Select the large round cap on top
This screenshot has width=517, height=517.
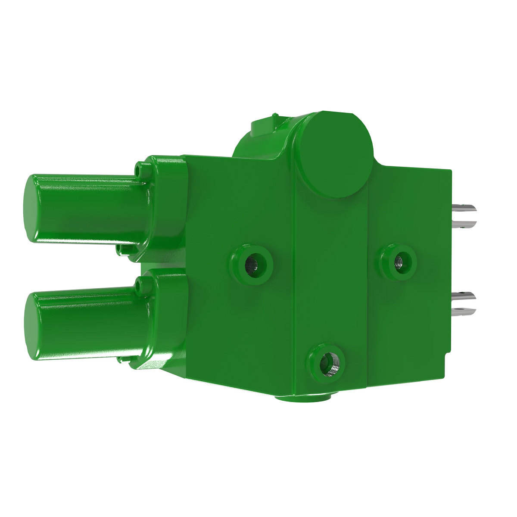click(x=336, y=154)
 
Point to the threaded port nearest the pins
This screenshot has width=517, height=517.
click(x=399, y=260)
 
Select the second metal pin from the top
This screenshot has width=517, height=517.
click(x=466, y=224)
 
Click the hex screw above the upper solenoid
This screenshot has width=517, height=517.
click(x=140, y=169)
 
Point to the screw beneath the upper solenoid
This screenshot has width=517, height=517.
click(x=121, y=250)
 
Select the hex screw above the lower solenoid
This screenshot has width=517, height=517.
click(x=140, y=282)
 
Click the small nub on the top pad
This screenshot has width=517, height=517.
click(x=274, y=116)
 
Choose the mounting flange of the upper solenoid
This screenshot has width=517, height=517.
click(x=166, y=207)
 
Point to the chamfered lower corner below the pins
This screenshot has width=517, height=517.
click(x=448, y=357)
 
